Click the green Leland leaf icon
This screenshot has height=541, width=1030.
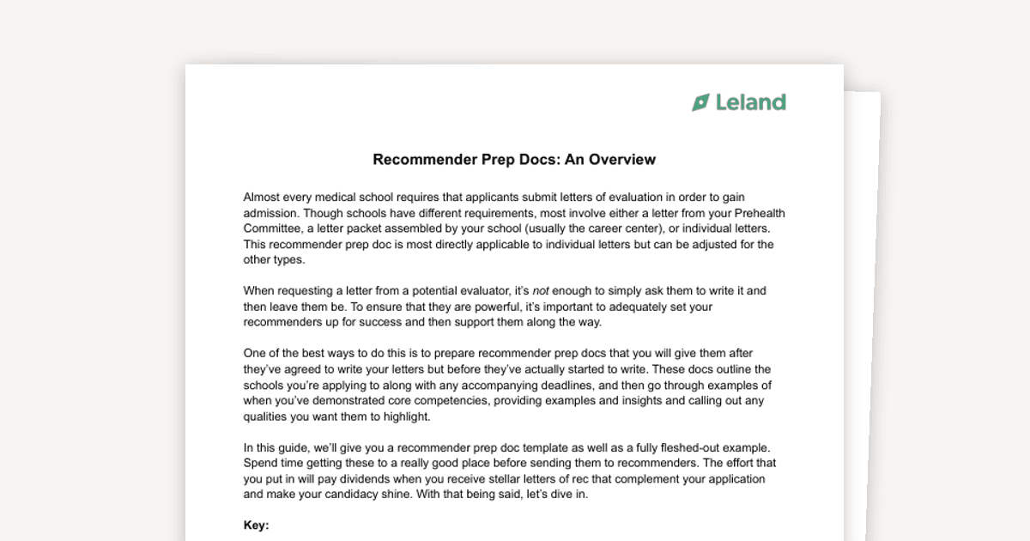(701, 102)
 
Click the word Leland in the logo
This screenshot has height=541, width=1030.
(751, 102)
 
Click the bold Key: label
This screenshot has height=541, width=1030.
(256, 526)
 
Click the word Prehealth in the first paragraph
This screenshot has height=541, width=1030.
(759, 213)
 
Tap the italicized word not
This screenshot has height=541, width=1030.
(541, 290)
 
